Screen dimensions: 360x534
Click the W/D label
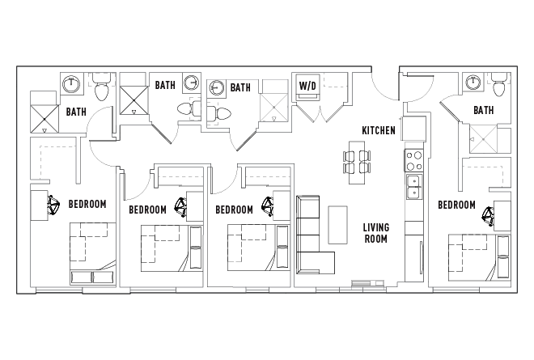[x=307, y=86]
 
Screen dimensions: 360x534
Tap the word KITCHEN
[x=379, y=130]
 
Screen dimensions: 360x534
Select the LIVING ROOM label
[x=375, y=233]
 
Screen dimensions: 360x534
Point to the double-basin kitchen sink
[x=413, y=186]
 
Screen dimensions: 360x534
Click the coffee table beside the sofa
[x=337, y=226]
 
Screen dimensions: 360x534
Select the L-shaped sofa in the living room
[x=311, y=235]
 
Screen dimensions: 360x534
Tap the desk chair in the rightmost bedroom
[x=489, y=215]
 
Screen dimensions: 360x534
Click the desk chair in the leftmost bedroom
[x=54, y=207]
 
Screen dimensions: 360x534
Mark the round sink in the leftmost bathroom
[x=71, y=83]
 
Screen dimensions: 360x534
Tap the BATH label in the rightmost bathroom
[x=483, y=110]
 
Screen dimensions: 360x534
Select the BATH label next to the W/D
[x=240, y=87]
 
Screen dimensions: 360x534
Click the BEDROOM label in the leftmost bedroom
[x=87, y=204]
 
